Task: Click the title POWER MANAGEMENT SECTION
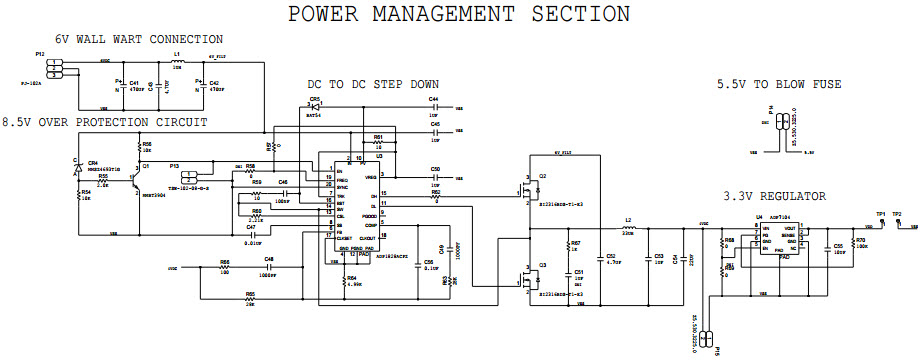pos(459,14)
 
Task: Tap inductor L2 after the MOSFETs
pos(629,227)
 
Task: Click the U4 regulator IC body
pos(776,240)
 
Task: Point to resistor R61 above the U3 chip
pos(378,142)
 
